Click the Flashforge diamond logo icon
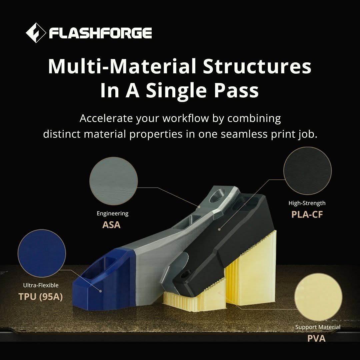(36, 33)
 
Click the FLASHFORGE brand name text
(100, 33)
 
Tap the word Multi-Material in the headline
(122, 66)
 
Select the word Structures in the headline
(257, 66)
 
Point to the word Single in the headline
(176, 90)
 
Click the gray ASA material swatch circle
(113, 181)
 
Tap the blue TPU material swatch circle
(42, 253)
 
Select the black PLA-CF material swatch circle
(307, 171)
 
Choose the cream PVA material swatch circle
(318, 297)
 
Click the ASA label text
(111, 225)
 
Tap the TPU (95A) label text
(41, 297)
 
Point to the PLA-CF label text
(307, 215)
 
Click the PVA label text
(316, 338)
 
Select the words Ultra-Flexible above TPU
(41, 285)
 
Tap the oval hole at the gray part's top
(217, 196)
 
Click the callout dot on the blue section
(100, 291)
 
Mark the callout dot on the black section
(219, 229)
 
